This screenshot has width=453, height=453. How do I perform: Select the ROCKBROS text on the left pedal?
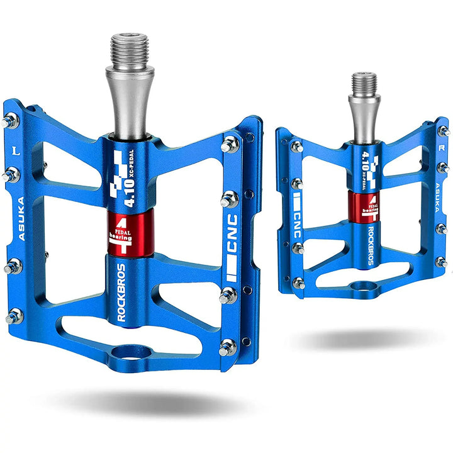[121, 291]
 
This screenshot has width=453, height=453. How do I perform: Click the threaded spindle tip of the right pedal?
[364, 81]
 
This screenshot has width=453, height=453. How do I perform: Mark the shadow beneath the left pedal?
[145, 403]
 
